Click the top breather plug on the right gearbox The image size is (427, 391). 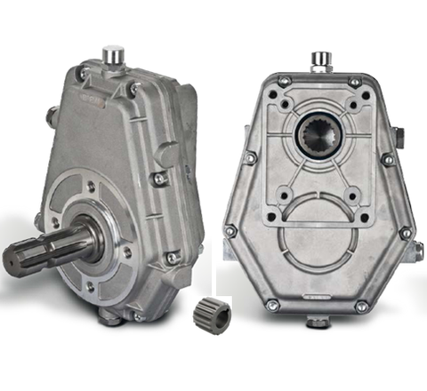click(320, 60)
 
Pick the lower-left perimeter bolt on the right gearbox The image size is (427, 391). click(233, 232)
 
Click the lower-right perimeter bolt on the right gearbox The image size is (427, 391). click(406, 233)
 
